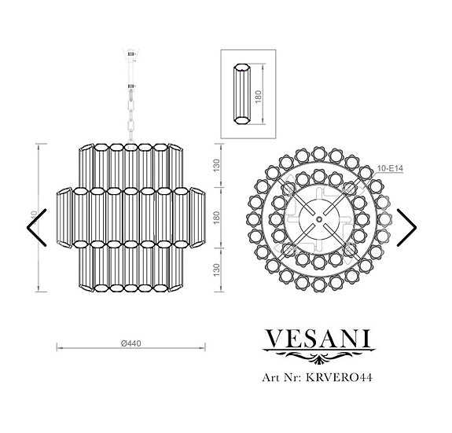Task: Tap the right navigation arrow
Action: pyautogui.click(x=406, y=227)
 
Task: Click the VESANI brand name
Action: pyautogui.click(x=318, y=339)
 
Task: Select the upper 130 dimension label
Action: pyautogui.click(x=216, y=167)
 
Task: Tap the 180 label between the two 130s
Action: pyautogui.click(x=216, y=217)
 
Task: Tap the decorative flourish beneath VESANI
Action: pyautogui.click(x=318, y=359)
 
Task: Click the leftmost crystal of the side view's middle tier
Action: pyautogui.click(x=62, y=217)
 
